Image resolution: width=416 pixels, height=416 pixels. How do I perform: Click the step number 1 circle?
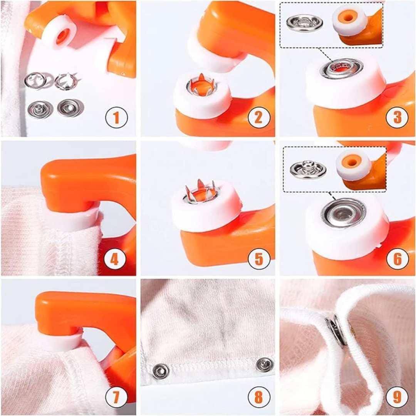[116, 118]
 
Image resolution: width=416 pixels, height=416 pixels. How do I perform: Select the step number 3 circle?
[397, 118]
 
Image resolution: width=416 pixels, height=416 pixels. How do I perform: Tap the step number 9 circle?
[397, 397]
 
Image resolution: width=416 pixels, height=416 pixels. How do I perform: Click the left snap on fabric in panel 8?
[160, 371]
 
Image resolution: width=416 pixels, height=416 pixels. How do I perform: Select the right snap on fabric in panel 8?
[265, 364]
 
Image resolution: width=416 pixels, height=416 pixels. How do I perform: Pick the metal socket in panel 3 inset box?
[305, 23]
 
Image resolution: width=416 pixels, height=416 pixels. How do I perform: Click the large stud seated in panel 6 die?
[344, 213]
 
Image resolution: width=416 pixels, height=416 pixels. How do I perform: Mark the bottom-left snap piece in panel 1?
[40, 109]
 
